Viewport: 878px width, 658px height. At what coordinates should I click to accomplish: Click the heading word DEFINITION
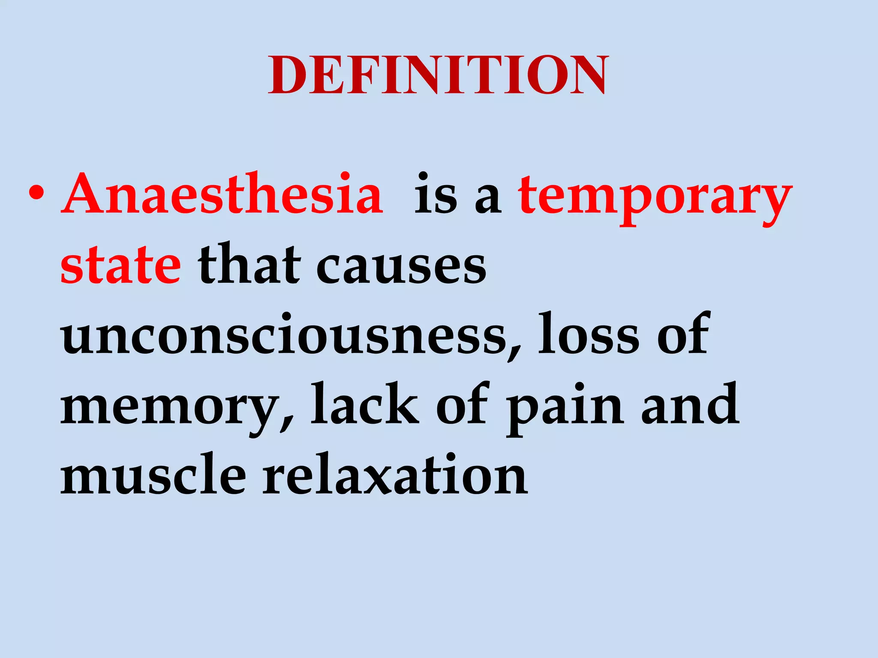(x=438, y=75)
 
